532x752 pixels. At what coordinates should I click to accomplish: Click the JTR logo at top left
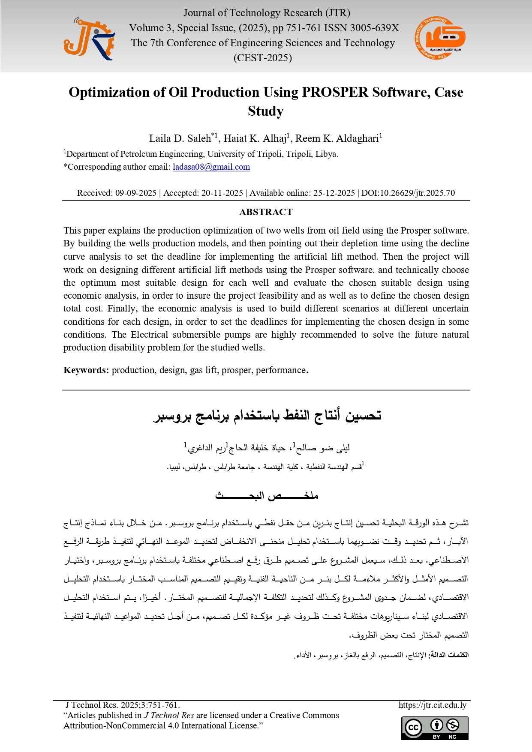coord(89,39)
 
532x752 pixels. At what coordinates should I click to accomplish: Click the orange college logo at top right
coord(440,39)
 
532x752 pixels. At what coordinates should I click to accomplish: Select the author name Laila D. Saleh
coord(180,138)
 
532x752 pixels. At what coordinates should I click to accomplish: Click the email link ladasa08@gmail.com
coord(211,167)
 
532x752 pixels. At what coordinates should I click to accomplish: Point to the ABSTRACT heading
coord(266,212)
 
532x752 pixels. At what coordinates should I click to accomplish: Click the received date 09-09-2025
coord(136,193)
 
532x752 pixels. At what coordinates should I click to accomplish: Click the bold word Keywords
coord(86,370)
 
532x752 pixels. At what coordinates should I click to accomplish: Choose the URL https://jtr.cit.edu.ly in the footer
coord(432,705)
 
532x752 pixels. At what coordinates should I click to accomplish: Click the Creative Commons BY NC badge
coord(435,728)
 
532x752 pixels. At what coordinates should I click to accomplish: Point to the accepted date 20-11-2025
coord(222,193)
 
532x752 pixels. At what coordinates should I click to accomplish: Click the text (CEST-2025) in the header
coord(262,58)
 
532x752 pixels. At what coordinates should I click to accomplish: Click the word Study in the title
coord(266,111)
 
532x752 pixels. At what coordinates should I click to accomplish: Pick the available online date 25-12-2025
coord(334,193)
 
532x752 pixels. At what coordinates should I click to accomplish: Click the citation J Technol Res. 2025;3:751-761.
coord(123,705)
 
